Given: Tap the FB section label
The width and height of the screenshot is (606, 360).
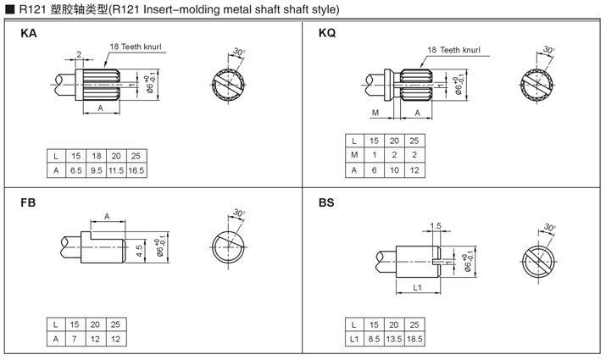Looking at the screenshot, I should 28,204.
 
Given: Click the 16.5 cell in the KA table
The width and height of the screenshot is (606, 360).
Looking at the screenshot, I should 136,171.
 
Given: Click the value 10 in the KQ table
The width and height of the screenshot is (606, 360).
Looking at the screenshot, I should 393,170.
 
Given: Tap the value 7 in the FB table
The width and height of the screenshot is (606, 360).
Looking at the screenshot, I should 75,339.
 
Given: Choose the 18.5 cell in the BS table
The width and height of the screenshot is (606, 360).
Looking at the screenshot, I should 414,339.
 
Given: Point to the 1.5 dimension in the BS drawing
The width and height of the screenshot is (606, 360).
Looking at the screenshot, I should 436,226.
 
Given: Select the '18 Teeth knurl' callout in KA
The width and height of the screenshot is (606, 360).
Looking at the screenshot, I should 133,47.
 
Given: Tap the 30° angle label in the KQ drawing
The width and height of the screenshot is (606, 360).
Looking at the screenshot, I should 549,49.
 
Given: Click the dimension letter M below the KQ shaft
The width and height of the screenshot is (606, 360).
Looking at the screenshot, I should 374,113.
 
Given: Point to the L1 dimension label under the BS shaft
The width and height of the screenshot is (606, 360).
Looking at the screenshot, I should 417,289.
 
